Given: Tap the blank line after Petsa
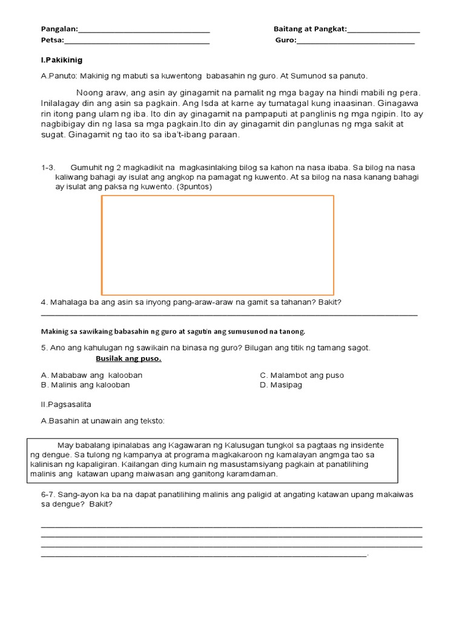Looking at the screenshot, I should click(x=137, y=42).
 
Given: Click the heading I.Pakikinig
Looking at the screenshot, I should click(x=61, y=61).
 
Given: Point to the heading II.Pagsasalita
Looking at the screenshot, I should click(x=66, y=404).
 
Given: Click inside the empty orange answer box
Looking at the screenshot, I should click(x=217, y=245).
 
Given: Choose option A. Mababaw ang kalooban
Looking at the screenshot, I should click(x=91, y=375).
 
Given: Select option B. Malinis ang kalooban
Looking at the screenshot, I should click(x=85, y=385).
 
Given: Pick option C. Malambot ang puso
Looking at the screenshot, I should click(x=302, y=375).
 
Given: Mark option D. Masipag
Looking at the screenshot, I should click(x=281, y=385).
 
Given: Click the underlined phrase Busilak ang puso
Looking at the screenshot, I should click(x=128, y=358).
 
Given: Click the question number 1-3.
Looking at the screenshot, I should click(x=48, y=167).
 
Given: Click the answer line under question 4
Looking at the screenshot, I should click(x=229, y=314).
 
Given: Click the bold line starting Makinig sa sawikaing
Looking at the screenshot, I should click(x=173, y=332).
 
